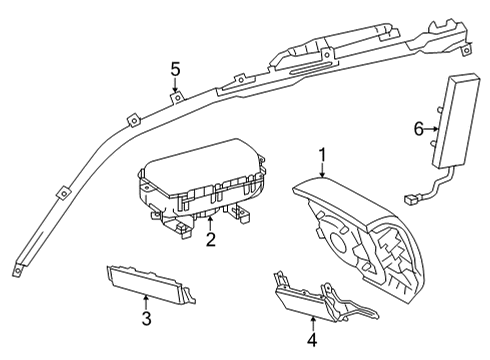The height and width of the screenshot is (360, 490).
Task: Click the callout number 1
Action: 322,156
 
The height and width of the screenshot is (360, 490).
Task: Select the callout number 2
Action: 211,239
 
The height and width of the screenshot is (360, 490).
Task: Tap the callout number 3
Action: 146,318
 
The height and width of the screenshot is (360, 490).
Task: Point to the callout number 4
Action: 312,340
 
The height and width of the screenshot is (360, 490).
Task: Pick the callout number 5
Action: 175,70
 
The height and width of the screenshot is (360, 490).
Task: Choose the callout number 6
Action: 418,129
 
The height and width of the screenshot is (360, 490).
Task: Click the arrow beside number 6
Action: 432,129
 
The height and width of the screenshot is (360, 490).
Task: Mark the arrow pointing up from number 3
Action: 146,302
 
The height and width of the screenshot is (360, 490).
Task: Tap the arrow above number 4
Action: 313,324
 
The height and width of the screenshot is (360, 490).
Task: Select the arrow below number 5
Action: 175,85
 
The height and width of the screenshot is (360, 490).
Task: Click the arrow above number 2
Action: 210,224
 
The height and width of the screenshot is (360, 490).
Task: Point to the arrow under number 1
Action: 322,170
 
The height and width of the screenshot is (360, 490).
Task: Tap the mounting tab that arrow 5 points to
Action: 178,97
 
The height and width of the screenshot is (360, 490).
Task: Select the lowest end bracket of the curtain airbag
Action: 17,271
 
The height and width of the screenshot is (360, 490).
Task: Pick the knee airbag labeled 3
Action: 151,284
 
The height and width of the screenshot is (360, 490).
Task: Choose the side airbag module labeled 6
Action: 456,121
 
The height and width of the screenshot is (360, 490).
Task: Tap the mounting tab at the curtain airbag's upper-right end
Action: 467,50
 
